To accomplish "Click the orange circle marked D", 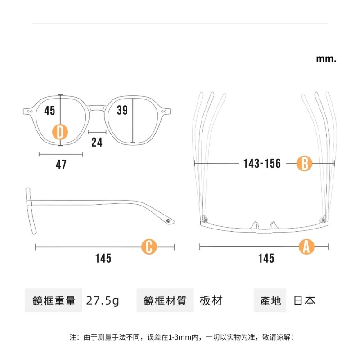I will (x=60, y=132).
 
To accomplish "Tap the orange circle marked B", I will (x=304, y=163).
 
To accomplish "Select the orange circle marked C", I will (x=149, y=246).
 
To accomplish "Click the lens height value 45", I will (x=49, y=110).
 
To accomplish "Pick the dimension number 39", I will (x=122, y=110).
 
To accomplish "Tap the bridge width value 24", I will (x=97, y=143).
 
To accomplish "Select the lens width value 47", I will (x=61, y=165).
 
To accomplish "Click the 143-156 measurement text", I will (x=262, y=164).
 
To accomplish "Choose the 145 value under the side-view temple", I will (x=103, y=259).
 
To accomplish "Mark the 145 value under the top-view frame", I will (x=266, y=259).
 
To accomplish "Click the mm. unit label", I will (x=326, y=58).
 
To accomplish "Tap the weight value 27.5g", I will (x=103, y=300).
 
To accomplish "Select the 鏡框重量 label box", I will (x=54, y=300).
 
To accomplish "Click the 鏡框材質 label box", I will (x=165, y=300).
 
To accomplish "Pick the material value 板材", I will (x=211, y=300).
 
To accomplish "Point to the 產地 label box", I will (x=270, y=300).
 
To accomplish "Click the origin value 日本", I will (x=305, y=300).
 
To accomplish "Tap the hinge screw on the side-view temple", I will (x=169, y=221).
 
